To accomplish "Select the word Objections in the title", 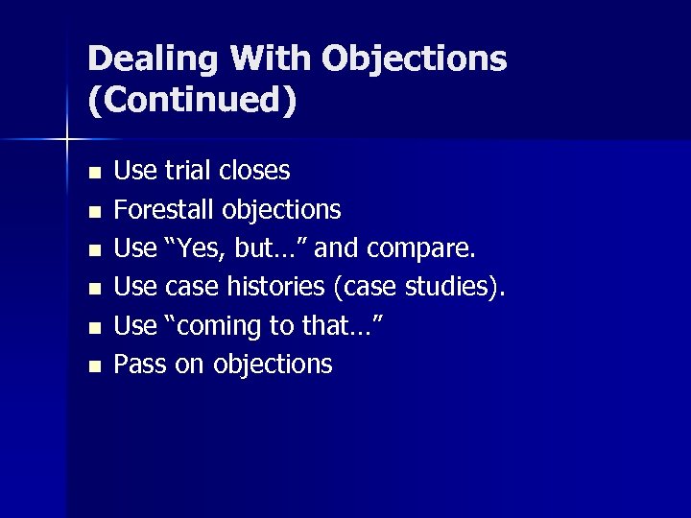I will (x=415, y=60).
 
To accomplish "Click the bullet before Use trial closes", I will (x=93, y=173).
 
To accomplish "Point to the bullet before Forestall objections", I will (x=93, y=211).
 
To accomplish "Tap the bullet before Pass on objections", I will (x=93, y=365).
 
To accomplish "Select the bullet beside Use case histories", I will (x=93, y=288).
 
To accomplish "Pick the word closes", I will (x=254, y=171).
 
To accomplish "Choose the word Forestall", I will (x=165, y=209).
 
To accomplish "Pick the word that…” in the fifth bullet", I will (x=343, y=326).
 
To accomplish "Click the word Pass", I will (x=140, y=365).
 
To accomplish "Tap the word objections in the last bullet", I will (x=273, y=365).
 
